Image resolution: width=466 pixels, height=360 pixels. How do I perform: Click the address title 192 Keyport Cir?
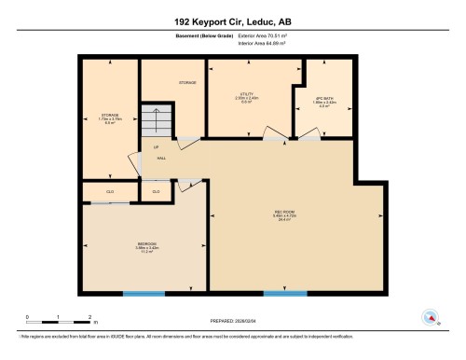(x=232, y=20)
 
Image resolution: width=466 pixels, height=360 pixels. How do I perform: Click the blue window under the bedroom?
(x=144, y=295)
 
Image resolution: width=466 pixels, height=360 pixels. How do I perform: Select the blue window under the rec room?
(x=285, y=295)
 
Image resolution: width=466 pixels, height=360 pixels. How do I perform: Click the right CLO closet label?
(x=156, y=192)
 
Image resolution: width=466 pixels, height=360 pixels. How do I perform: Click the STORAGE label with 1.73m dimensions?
(x=109, y=118)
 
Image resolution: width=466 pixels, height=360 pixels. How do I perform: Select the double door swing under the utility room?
(x=280, y=139)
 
